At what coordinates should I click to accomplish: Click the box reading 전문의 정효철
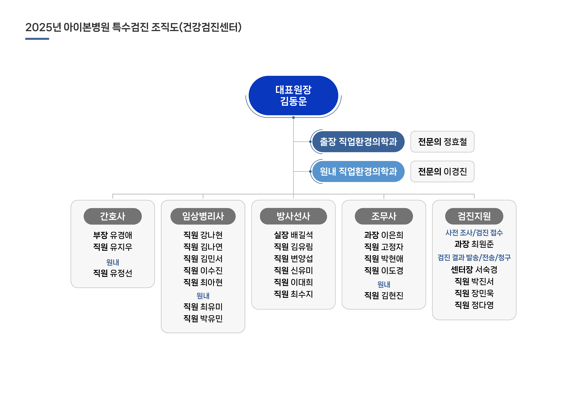point(442,142)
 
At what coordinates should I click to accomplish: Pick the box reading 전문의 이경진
point(442,171)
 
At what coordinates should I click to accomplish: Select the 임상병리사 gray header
point(203,216)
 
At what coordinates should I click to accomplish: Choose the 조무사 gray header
point(384,216)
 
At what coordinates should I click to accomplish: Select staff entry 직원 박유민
point(203,318)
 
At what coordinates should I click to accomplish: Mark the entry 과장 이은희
point(384,235)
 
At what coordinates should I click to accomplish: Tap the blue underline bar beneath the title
point(37,39)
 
